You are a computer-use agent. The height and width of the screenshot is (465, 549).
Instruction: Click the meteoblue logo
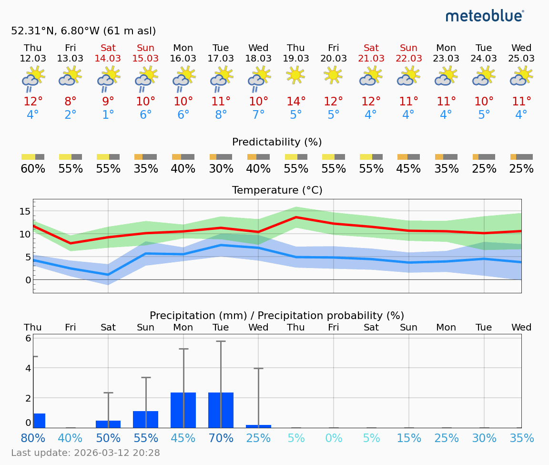coord(484,16)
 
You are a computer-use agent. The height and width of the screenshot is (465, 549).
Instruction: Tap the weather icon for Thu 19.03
coord(295,75)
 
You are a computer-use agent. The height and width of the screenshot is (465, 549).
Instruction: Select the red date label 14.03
coord(108,59)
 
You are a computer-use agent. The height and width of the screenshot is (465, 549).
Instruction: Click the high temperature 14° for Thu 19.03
coord(295,102)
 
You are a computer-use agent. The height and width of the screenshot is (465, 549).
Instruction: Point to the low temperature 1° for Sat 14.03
coord(108,115)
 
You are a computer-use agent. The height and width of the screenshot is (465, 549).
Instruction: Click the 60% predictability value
coord(33,169)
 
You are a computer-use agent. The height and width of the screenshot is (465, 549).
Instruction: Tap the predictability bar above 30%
coord(221,157)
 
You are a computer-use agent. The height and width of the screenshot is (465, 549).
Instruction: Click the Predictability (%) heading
coord(277,142)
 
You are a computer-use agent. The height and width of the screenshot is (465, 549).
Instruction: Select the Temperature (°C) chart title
coord(277,190)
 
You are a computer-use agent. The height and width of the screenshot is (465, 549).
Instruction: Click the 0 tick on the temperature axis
coord(28,280)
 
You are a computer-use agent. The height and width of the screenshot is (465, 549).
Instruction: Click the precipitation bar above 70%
coord(221,410)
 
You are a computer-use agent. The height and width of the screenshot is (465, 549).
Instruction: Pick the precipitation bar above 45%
coord(183,410)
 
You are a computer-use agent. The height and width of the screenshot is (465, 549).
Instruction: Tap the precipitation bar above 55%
coord(145,419)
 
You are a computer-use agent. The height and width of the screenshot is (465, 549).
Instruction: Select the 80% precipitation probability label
coord(33,438)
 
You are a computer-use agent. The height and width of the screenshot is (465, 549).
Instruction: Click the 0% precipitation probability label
coord(333,438)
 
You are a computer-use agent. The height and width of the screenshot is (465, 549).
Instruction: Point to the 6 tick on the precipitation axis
coord(28,339)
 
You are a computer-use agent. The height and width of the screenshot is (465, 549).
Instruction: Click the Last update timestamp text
coord(85,453)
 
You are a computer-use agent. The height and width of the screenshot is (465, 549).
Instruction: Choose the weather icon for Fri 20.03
coord(333,75)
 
